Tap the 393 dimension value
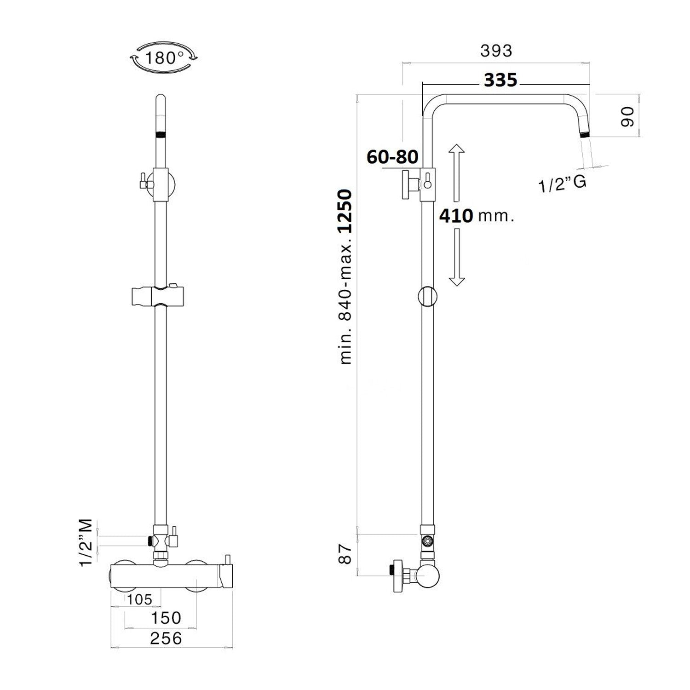496,51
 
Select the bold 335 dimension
500,80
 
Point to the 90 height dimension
627,116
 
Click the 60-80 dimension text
392,157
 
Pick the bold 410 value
456,215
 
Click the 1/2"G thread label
563,184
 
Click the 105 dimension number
139,599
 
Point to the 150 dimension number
166,617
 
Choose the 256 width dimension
166,638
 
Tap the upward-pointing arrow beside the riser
456,172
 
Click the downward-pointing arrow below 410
456,257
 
